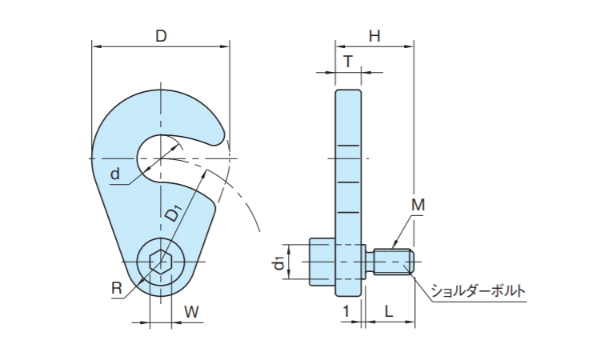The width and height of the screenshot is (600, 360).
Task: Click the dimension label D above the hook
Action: click(x=161, y=36)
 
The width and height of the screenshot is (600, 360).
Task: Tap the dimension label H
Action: click(x=374, y=36)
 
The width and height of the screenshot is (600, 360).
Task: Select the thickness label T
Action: click(x=348, y=62)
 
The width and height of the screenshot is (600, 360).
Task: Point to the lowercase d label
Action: click(x=114, y=174)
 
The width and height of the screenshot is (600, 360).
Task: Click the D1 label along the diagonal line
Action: click(x=174, y=213)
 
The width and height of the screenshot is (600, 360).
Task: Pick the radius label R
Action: click(x=116, y=288)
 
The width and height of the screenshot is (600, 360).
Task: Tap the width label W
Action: click(x=191, y=312)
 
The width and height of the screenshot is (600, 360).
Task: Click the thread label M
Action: click(x=418, y=205)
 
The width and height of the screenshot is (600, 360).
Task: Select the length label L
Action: click(x=389, y=312)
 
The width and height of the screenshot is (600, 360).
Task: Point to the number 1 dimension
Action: click(x=346, y=312)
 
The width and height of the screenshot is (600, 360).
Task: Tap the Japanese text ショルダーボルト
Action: click(x=478, y=291)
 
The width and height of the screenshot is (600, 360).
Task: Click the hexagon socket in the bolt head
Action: click(x=161, y=262)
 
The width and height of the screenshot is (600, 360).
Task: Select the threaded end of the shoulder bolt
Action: click(x=394, y=262)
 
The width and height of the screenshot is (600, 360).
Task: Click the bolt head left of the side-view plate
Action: click(x=322, y=262)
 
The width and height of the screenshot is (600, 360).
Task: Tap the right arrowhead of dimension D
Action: click(x=225, y=46)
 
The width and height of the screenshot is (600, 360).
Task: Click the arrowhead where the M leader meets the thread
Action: click(x=394, y=246)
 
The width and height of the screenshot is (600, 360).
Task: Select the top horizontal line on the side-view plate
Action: click(x=348, y=146)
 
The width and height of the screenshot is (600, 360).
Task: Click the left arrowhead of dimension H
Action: click(x=340, y=46)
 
